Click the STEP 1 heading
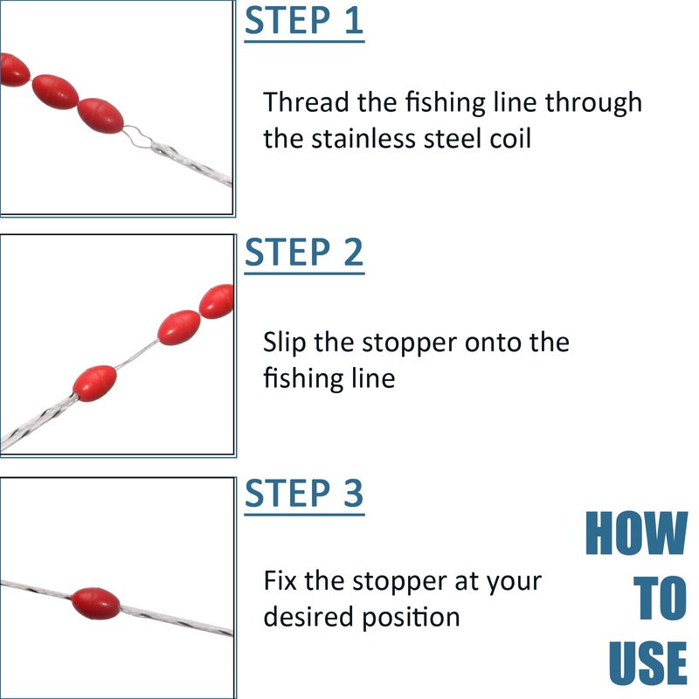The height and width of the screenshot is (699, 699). (304, 20)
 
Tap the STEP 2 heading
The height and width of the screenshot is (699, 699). (304, 252)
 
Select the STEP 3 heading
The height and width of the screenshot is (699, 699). (304, 493)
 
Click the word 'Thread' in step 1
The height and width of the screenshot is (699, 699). (305, 102)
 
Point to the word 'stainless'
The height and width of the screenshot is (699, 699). (363, 138)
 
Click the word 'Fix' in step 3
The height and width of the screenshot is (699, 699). (280, 581)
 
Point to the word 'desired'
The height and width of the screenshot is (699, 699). (308, 617)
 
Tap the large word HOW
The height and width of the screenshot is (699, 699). (636, 533)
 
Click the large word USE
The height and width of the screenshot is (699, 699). (647, 663)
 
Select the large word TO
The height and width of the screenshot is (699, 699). (660, 598)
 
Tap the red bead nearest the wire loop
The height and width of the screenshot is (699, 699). (100, 116)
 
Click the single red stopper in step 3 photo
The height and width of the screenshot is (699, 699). (95, 604)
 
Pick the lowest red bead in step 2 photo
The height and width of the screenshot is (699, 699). (95, 384)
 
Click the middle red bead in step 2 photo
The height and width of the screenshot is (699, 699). (179, 328)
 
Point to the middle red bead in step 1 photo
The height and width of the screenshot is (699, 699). (55, 92)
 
